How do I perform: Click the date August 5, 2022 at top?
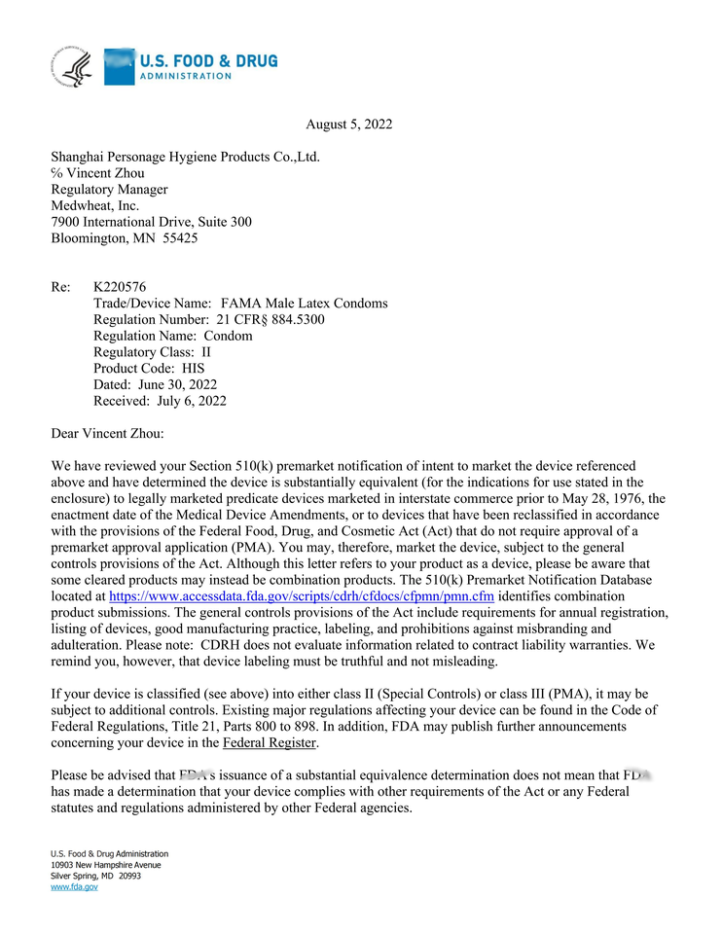click(348, 125)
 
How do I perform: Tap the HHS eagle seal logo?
click(72, 67)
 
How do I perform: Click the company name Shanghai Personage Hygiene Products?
click(185, 157)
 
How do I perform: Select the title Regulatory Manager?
click(109, 190)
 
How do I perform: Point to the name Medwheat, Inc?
click(94, 206)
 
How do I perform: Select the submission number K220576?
click(120, 287)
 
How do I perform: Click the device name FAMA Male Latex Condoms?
click(304, 304)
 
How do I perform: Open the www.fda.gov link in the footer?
click(74, 887)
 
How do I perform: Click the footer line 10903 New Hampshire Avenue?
click(105, 865)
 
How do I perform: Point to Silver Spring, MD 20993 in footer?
click(95, 876)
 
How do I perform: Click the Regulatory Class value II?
click(206, 352)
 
